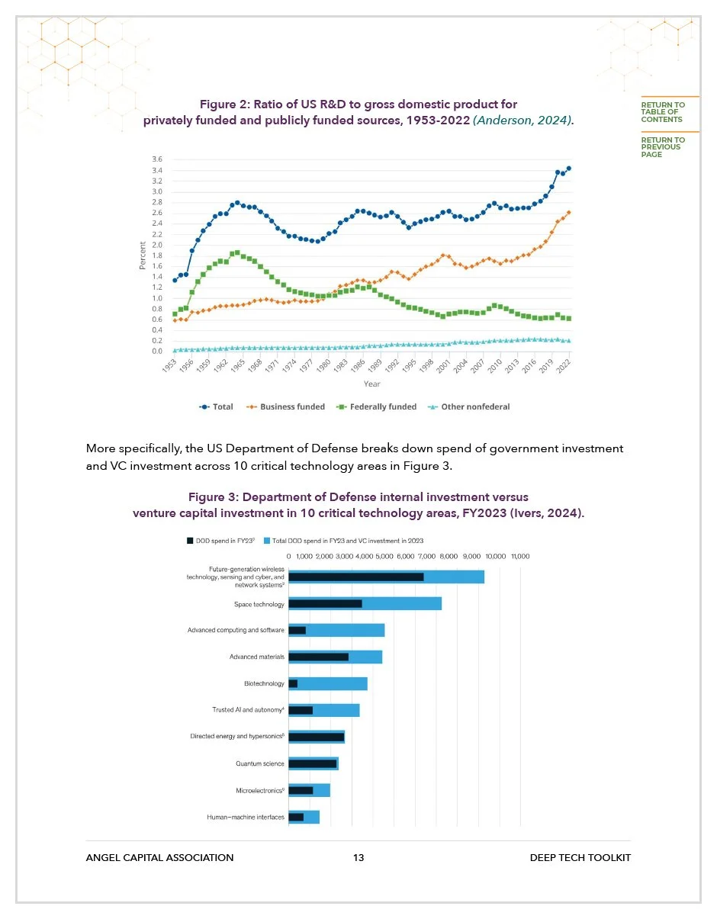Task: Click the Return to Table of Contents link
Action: click(662, 112)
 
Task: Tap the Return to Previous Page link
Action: click(662, 147)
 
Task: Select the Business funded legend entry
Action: click(291, 407)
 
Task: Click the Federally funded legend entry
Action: click(382, 407)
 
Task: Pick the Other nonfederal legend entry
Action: click(474, 407)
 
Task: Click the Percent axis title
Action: click(143, 255)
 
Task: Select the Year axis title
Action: click(371, 384)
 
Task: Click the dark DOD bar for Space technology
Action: click(325, 604)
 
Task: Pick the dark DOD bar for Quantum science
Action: click(312, 763)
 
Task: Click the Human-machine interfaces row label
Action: click(246, 818)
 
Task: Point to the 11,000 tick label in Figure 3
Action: click(519, 557)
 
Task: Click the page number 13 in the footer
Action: click(358, 858)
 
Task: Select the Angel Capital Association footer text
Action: click(159, 858)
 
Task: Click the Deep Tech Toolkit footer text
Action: click(580, 858)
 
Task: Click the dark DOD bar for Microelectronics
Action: click(301, 790)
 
